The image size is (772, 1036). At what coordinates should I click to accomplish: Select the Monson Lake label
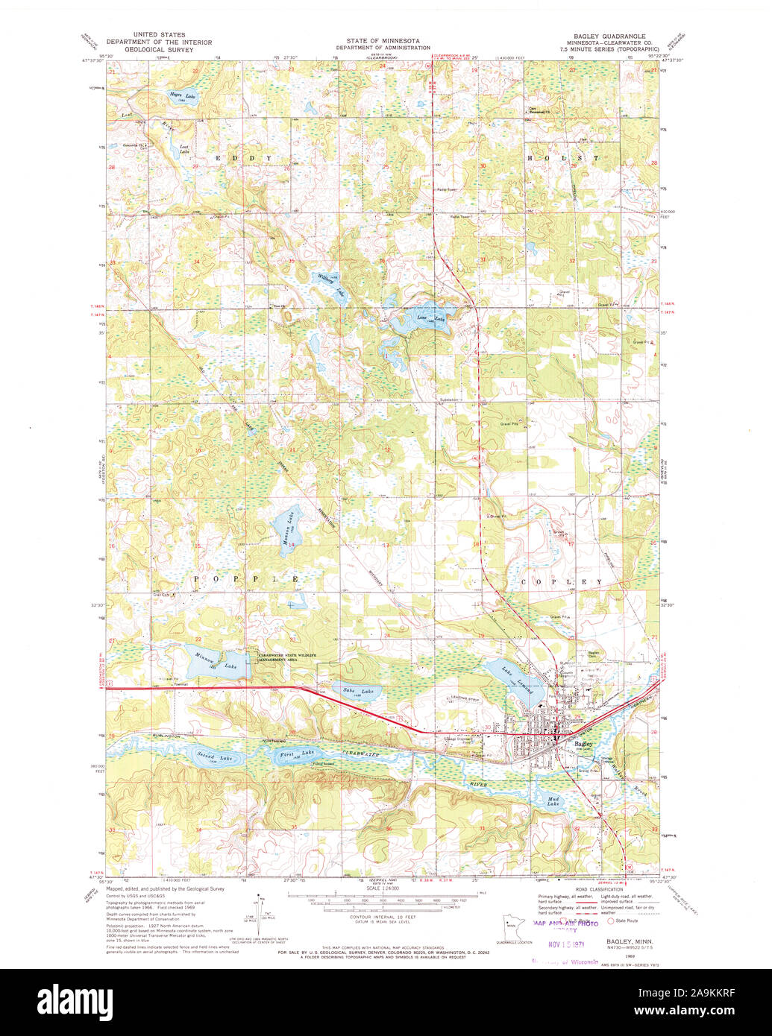pyautogui.click(x=286, y=531)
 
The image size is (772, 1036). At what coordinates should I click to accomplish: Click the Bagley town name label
pyautogui.click(x=583, y=744)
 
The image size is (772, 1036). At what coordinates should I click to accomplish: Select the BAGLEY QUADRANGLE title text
pyautogui.click(x=605, y=36)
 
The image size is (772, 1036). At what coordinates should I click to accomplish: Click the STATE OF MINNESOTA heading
pyautogui.click(x=382, y=40)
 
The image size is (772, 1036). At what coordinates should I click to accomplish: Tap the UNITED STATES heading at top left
pyautogui.click(x=159, y=35)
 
